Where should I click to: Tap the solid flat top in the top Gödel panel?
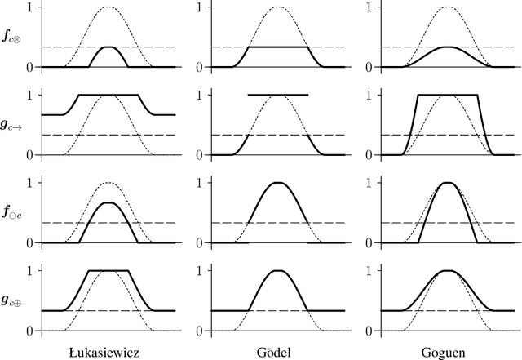tap(277, 47)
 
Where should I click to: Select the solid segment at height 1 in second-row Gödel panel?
tap(277, 95)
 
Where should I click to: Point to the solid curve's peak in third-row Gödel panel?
tap(277, 183)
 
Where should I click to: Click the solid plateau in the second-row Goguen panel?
tap(447, 95)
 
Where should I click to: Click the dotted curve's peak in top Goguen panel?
tap(447, 7)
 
